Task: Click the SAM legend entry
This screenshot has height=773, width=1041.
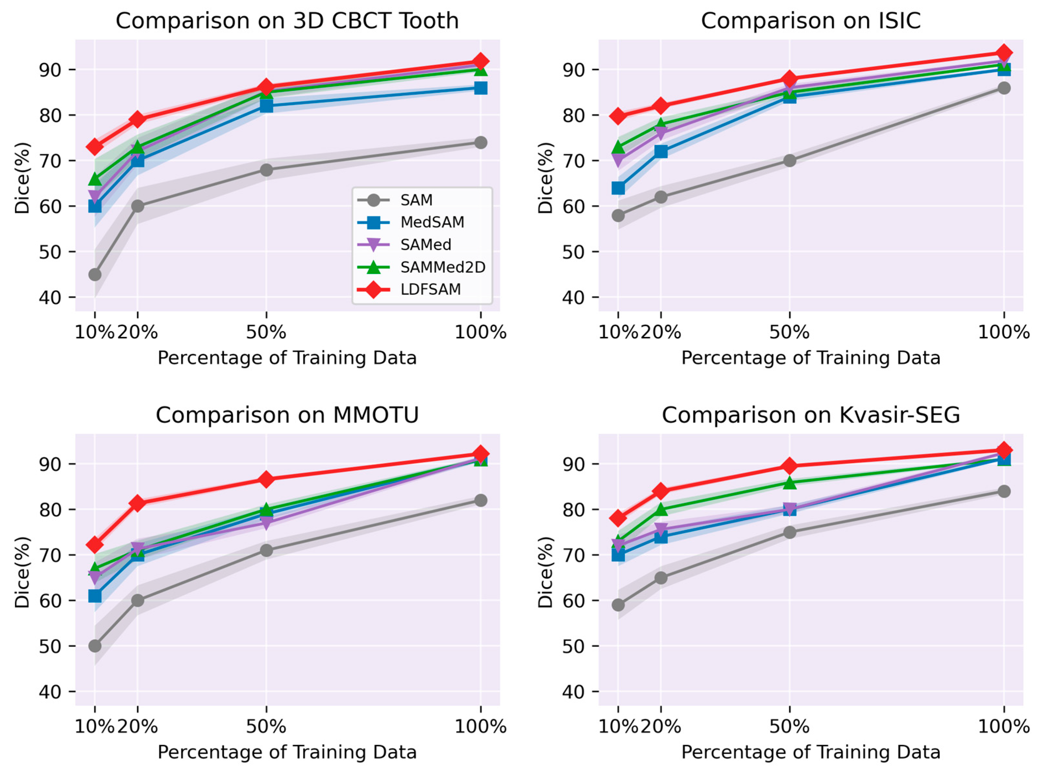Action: point(395,200)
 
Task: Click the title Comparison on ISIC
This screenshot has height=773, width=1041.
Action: point(811,20)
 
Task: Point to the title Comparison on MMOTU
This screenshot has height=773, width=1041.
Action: point(287,415)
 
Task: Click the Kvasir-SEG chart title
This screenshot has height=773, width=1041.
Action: point(811,415)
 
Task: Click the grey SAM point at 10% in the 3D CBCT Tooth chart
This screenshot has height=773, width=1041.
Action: point(95,275)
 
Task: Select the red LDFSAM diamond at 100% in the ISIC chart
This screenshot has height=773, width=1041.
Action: point(1004,53)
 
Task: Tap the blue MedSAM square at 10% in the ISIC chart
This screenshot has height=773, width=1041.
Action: point(618,188)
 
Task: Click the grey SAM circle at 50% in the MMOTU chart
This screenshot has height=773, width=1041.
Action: point(266,551)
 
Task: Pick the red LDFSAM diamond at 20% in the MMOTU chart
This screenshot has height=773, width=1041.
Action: point(138,503)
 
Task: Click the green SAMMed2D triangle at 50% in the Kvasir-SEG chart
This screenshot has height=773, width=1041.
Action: point(790,482)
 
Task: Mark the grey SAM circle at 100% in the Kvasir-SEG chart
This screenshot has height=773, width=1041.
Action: point(1004,491)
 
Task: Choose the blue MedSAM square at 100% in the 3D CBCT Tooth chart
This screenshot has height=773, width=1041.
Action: point(480,88)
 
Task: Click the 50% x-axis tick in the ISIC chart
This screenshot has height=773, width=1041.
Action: point(790,332)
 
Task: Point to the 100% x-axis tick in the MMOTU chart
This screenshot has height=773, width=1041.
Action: point(480,727)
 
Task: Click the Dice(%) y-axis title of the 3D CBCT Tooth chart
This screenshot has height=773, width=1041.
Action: point(22,178)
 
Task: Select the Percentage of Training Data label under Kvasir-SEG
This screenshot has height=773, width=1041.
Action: point(811,752)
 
